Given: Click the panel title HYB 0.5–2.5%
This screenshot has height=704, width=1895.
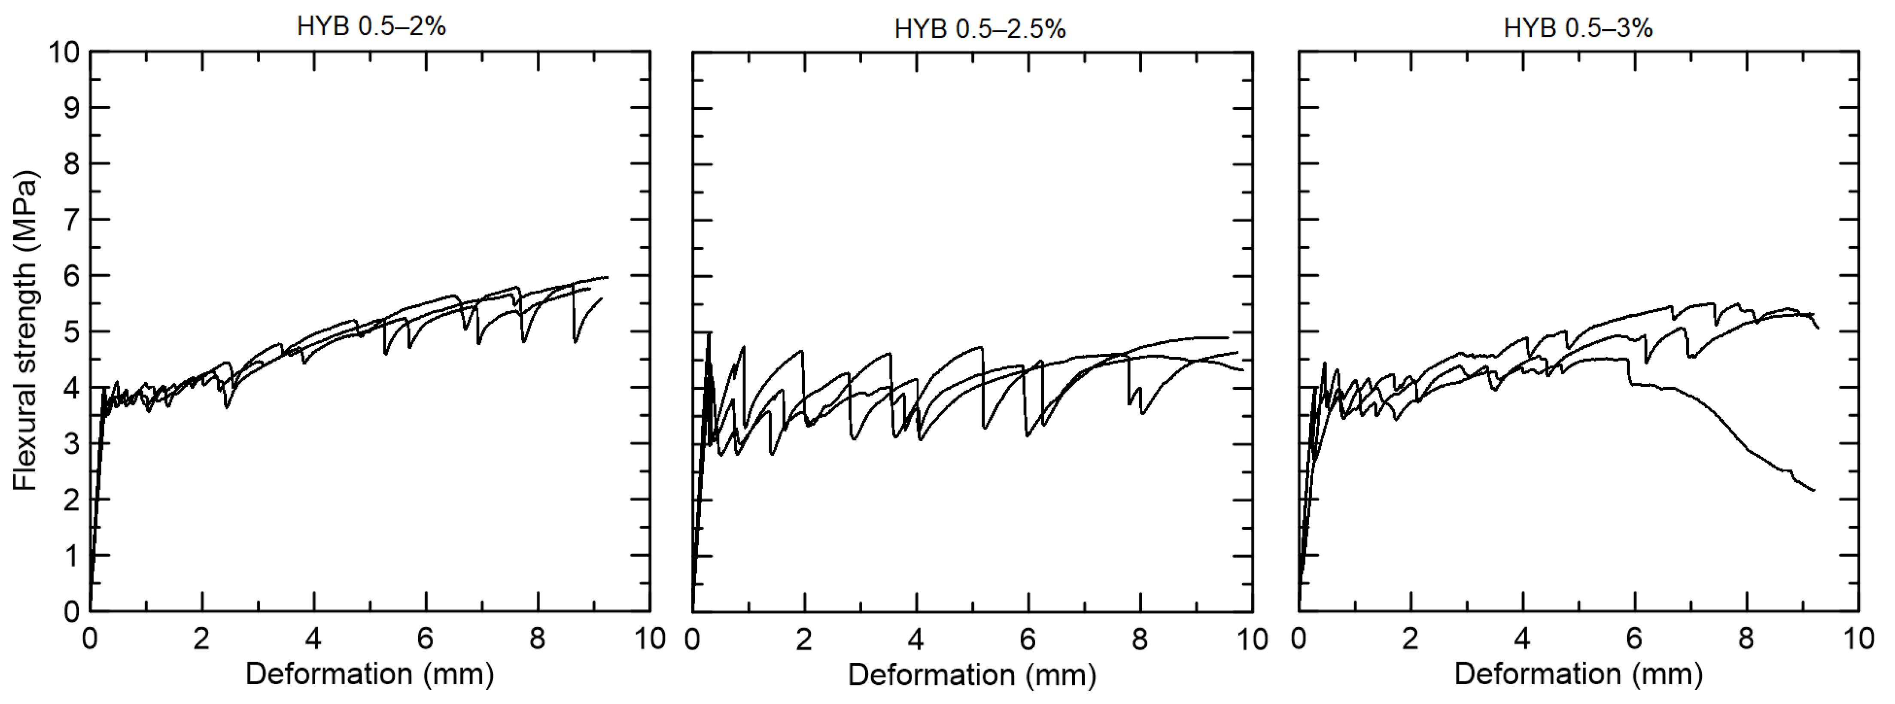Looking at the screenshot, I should point(980,30).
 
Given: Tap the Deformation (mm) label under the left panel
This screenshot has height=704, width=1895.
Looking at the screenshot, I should point(369,674).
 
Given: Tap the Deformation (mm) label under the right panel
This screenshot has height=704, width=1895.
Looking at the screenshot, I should point(1578,674).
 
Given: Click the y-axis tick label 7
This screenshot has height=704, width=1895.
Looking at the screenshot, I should point(71,220).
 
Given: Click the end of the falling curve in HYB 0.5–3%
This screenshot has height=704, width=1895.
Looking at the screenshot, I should point(1814,490).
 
